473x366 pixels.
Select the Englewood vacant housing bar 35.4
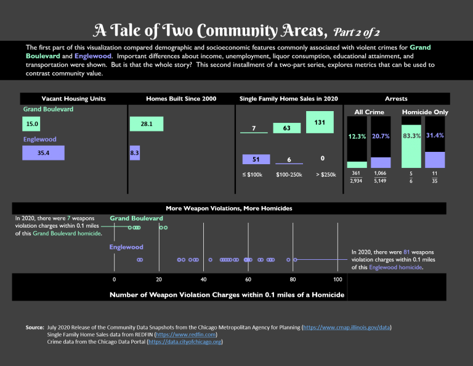coord(43,153)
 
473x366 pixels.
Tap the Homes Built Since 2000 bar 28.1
coord(147,124)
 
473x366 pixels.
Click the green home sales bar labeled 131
coord(320,122)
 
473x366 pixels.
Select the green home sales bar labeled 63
coord(286,128)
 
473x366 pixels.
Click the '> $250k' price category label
coord(326,175)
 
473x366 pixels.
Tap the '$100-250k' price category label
coord(289,175)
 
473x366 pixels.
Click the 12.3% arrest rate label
coord(357,136)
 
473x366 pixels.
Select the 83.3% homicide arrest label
coord(412,135)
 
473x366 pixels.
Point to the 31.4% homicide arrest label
coord(435,135)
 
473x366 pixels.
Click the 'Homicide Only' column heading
coord(425,112)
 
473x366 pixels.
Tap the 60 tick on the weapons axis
coord(248,280)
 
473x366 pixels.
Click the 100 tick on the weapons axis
coord(338,280)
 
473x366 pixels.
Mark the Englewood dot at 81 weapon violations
coord(295,260)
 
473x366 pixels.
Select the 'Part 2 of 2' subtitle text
coord(361,31)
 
